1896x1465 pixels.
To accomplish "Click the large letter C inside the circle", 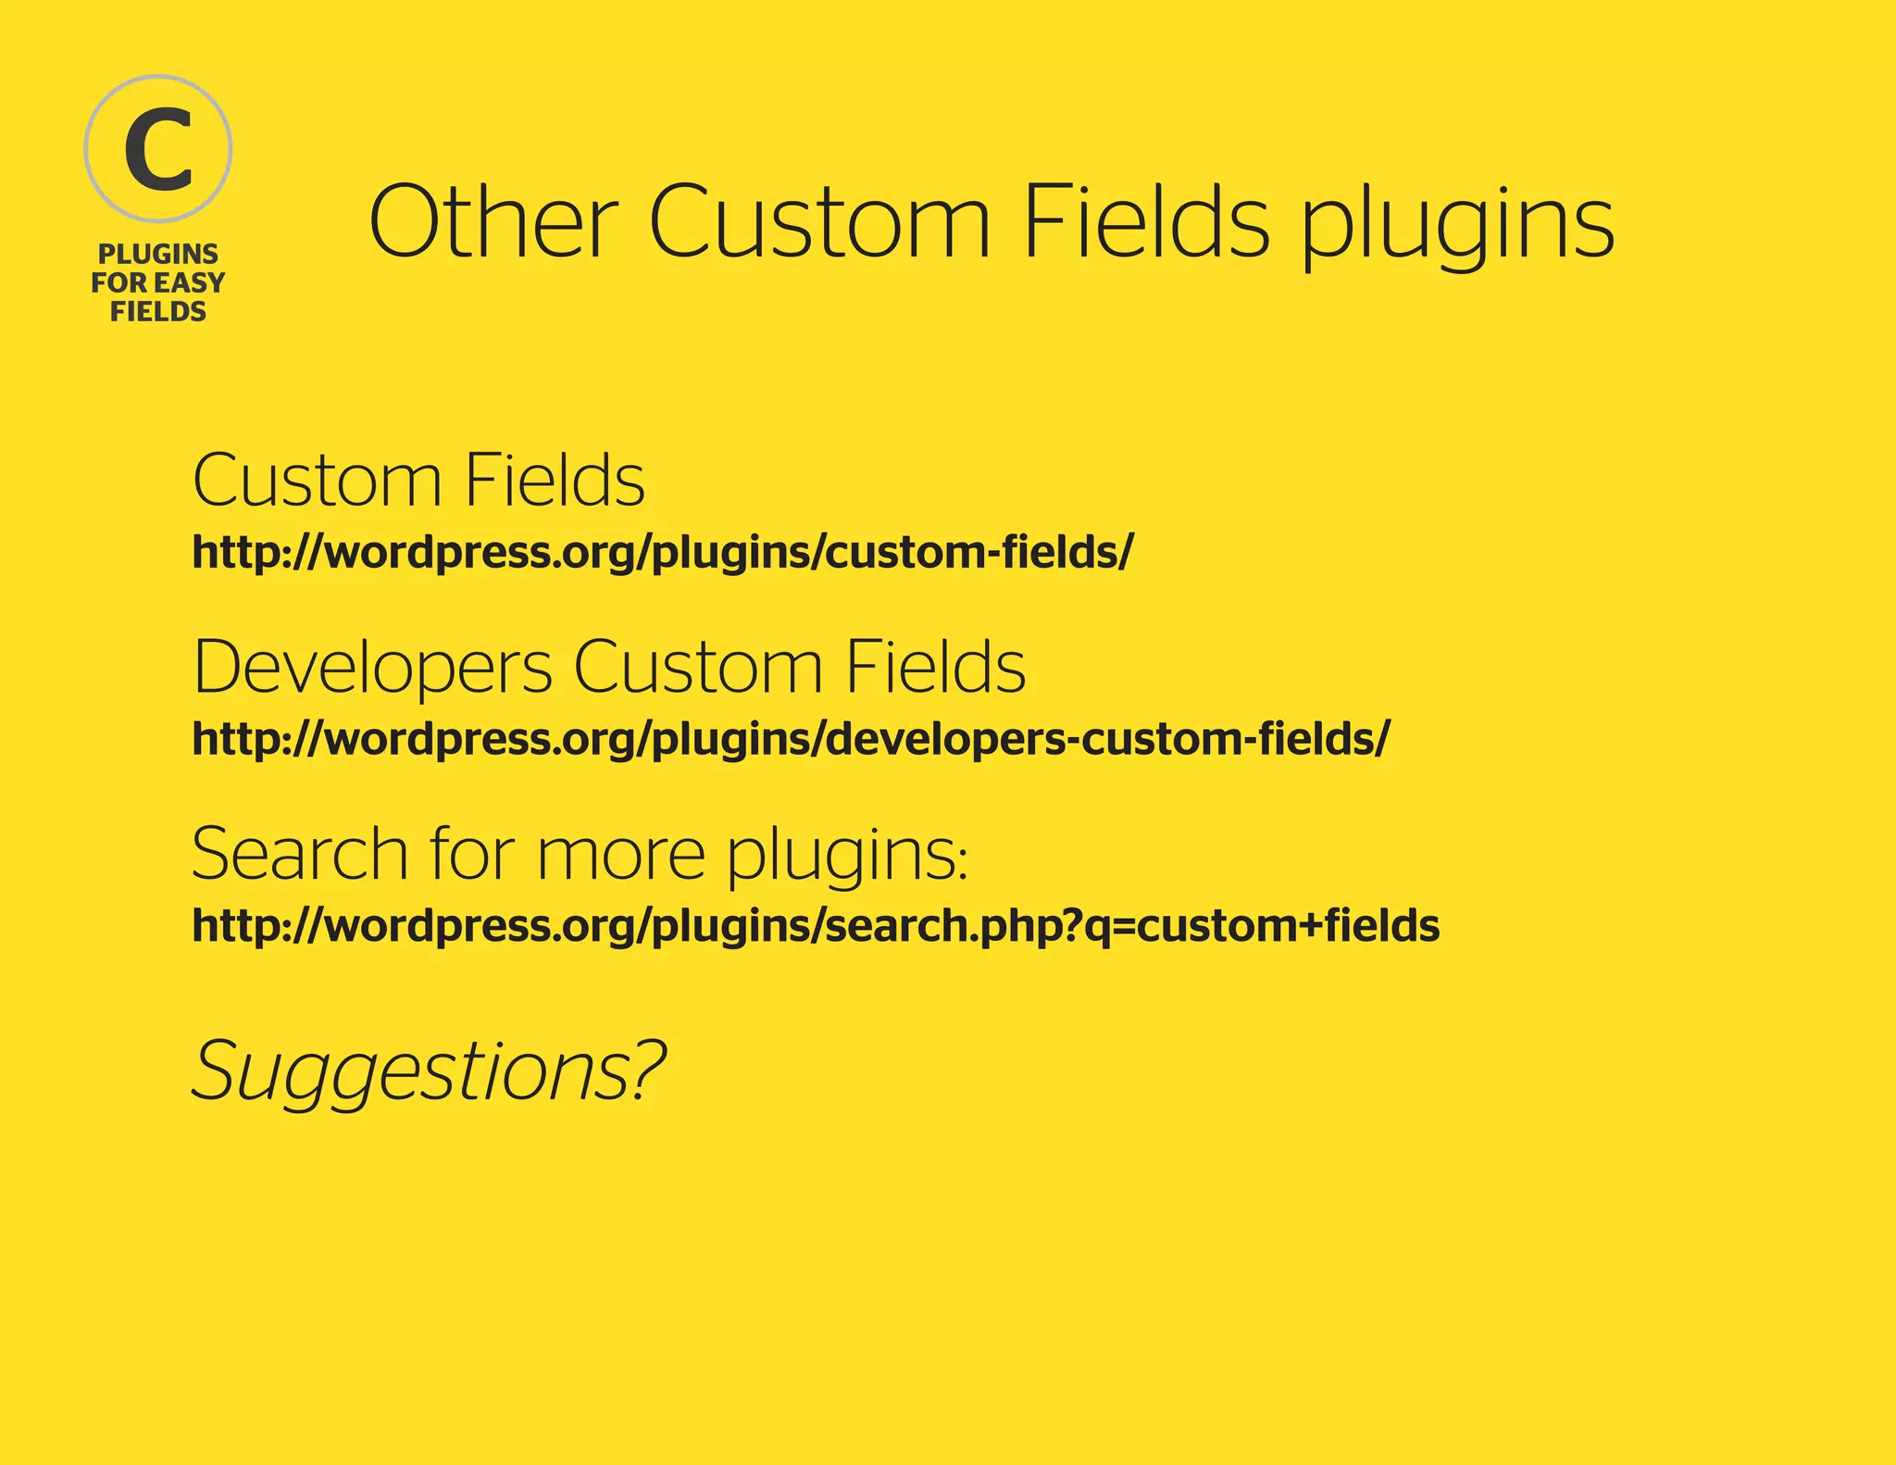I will [158, 149].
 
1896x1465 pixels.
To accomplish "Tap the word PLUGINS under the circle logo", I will [158, 254].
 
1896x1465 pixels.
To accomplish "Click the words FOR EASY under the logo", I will [158, 282].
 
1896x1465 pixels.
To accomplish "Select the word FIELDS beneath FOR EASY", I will [158, 311].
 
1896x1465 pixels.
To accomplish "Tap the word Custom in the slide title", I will [819, 222].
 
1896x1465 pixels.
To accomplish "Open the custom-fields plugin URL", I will [662, 553].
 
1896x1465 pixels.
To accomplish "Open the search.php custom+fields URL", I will [816, 926].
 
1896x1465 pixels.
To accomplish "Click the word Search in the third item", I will [299, 854].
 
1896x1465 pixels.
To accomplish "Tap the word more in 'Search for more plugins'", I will [620, 854].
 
